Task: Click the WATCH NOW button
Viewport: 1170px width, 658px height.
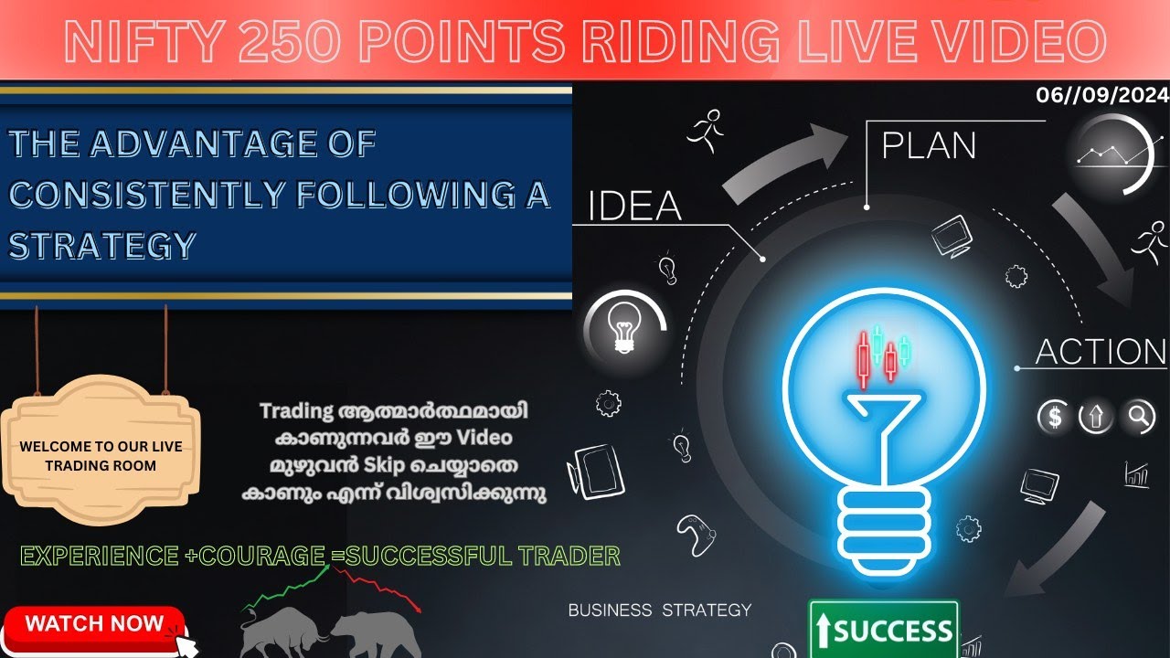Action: coord(94,625)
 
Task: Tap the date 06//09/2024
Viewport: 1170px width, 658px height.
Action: coord(1101,95)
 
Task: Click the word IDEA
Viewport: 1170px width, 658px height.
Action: coord(634,207)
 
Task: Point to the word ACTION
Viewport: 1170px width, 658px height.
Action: coord(1101,353)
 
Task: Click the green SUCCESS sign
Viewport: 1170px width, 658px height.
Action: coord(884,630)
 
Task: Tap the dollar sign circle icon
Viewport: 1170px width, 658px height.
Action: coord(1055,418)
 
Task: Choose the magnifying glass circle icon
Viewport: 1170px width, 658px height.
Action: coord(1140,418)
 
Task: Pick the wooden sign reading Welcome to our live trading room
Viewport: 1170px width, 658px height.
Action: coord(101,455)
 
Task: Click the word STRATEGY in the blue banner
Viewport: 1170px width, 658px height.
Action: coord(102,245)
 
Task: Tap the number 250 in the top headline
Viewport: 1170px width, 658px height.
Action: coord(282,41)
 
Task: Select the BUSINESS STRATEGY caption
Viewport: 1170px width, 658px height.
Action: coord(659,610)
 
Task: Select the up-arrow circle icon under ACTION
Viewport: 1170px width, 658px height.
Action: coord(1096,418)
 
